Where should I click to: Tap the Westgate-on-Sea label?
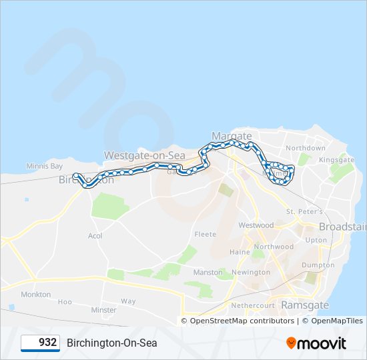coord(143,155)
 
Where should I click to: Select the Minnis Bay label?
coord(44,166)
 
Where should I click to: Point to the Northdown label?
coord(305,148)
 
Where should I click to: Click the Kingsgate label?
coord(336,160)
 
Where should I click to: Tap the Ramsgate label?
coord(305,305)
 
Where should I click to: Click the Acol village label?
coord(95,236)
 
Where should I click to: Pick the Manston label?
coord(207,273)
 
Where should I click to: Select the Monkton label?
coord(35,294)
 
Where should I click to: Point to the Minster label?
coord(103,310)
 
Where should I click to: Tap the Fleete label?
coord(205,235)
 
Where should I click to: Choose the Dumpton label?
coord(318,265)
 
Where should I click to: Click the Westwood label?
coord(256,225)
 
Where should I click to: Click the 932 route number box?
coord(41,343)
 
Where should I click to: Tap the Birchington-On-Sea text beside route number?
coord(111,343)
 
